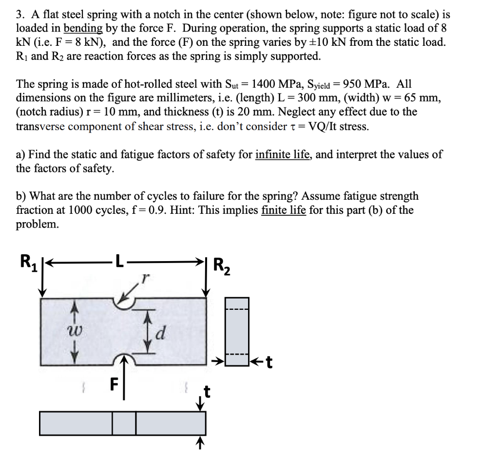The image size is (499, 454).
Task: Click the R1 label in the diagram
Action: pyautogui.click(x=28, y=262)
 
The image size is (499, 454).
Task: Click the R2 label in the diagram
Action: pyautogui.click(x=223, y=266)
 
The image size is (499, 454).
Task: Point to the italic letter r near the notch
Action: pyautogui.click(x=144, y=279)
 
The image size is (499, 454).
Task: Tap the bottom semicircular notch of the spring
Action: pyautogui.click(x=124, y=359)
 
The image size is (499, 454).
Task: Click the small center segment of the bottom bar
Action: pyautogui.click(x=124, y=423)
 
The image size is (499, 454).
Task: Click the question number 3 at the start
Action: pyautogui.click(x=19, y=13)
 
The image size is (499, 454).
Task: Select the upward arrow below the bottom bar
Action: pyautogui.click(x=199, y=443)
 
